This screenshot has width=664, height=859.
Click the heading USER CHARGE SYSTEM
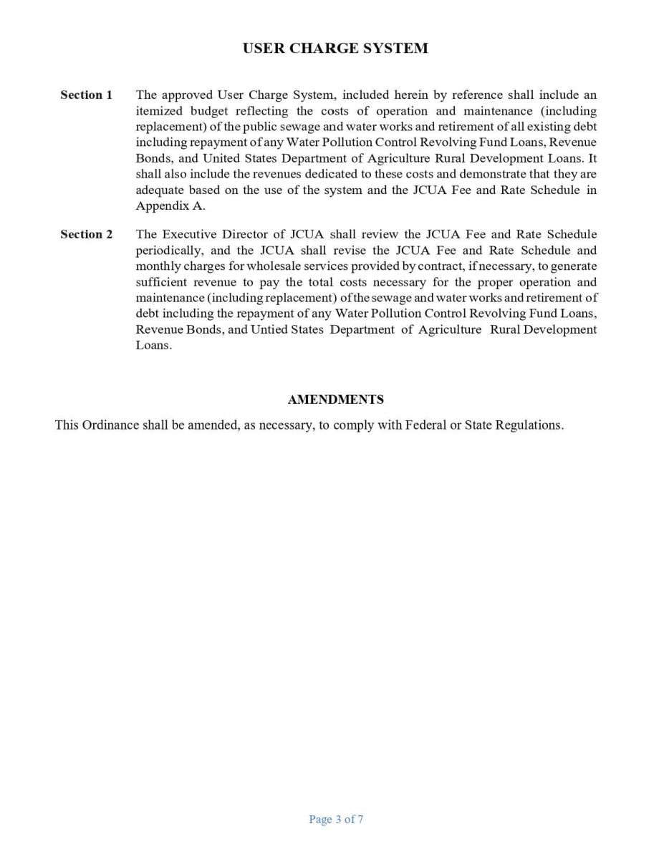tap(335, 49)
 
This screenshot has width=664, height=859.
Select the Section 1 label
tap(86, 95)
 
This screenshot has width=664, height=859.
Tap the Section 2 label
tap(86, 235)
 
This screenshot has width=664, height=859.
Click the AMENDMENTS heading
tap(335, 399)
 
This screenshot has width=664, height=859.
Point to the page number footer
tap(336, 820)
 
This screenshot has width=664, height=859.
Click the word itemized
tap(160, 111)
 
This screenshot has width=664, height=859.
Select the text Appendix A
tap(170, 205)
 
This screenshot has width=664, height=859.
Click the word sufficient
tap(159, 282)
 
